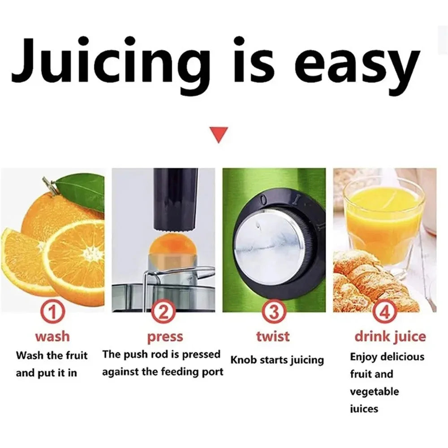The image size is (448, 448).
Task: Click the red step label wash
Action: click(x=52, y=336)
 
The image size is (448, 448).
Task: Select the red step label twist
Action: click(x=273, y=336)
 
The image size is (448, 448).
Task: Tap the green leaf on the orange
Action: click(x=83, y=190)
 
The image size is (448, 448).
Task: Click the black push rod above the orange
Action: click(x=176, y=197)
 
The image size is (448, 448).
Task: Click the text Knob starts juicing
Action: click(x=277, y=360)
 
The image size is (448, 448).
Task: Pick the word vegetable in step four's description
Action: click(x=374, y=392)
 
